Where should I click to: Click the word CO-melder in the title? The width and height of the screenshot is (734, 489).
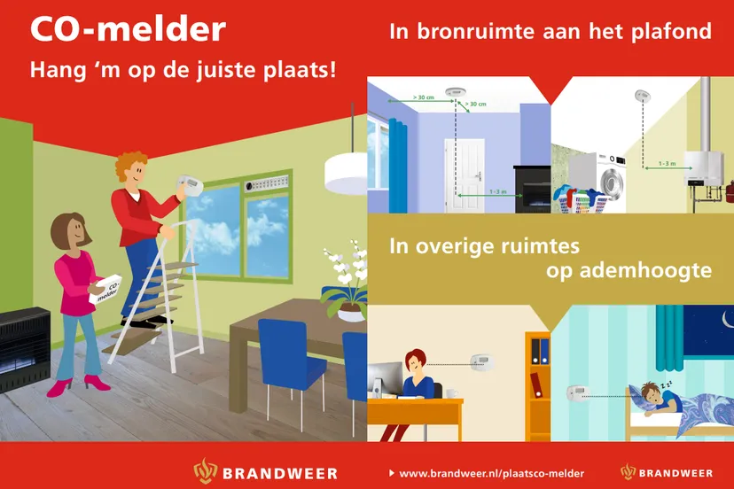tap(128, 30)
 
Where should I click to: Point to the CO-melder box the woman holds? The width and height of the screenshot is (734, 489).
tap(105, 291)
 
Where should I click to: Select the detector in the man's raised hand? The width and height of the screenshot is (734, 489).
tap(190, 185)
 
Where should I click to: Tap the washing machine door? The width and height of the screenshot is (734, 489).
tap(613, 181)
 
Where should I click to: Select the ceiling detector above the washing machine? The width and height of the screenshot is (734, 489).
tap(641, 95)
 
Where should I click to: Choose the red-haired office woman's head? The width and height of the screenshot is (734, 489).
tap(415, 361)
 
